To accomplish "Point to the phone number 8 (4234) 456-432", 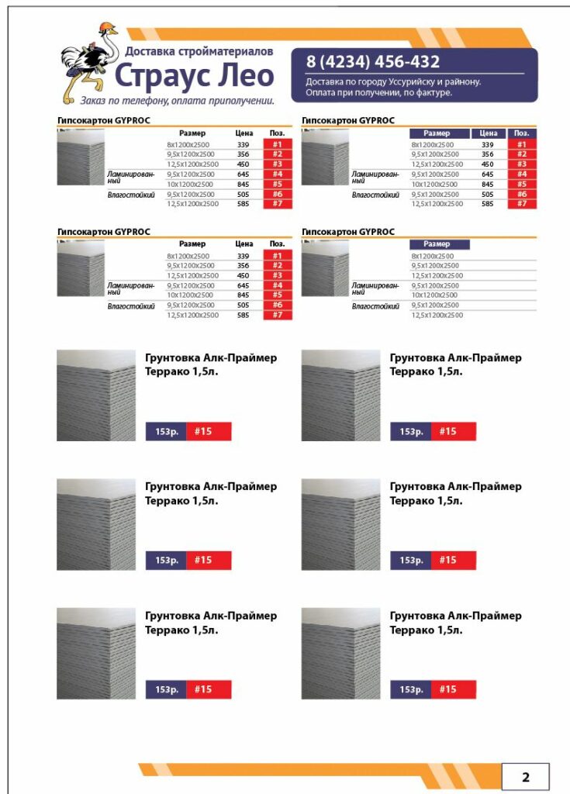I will tap(373, 62).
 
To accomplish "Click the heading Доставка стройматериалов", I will tap(199, 52).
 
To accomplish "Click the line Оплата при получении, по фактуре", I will tap(378, 92).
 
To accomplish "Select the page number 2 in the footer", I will tap(525, 777).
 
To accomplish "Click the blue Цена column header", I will tap(488, 133).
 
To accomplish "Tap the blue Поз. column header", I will tap(521, 133).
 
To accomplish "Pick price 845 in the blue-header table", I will tap(487, 185).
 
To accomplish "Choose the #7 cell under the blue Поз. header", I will tap(521, 204).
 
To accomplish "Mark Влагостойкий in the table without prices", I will tap(375, 306).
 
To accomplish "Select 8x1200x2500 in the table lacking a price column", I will tap(433, 256).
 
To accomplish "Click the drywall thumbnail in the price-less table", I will tap(324, 268).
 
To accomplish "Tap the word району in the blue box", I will tap(463, 81).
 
